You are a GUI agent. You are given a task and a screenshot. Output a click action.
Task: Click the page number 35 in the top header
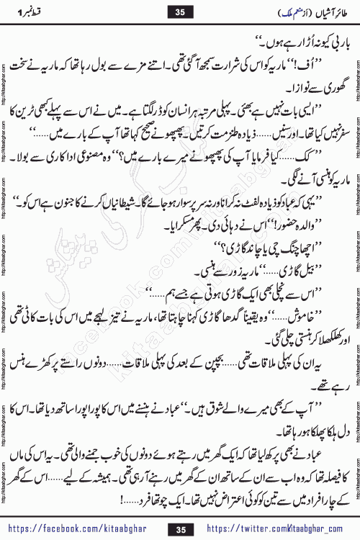(180, 12)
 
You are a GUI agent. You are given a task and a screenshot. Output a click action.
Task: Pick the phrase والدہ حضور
(308, 219)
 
